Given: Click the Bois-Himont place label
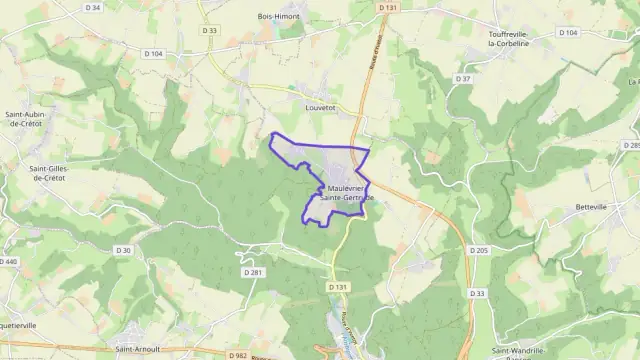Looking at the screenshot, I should click(x=279, y=16).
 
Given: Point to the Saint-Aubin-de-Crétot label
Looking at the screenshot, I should click(x=27, y=119).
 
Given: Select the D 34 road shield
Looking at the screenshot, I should click(x=93, y=7).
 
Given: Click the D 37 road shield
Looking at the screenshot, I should click(x=463, y=78).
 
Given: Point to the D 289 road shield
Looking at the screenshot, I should click(x=631, y=146).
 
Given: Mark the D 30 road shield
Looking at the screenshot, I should click(x=123, y=250).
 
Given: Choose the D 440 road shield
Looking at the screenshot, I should click(x=9, y=261).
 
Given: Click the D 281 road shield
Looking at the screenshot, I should click(x=252, y=272).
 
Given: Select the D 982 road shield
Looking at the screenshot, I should click(x=238, y=354).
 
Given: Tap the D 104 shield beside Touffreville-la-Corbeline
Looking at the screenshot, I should click(x=567, y=32).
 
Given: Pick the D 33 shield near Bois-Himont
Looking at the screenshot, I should click(x=209, y=30).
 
